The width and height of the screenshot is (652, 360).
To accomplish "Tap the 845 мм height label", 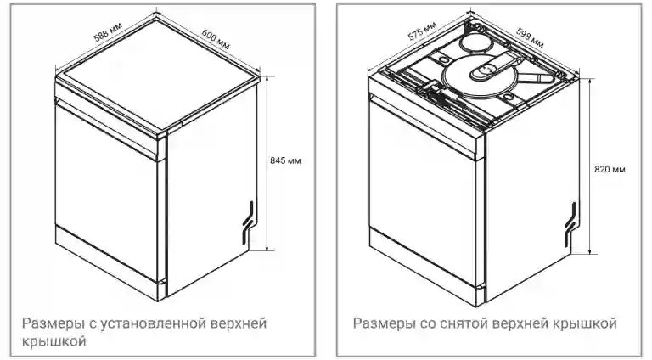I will (x=286, y=160).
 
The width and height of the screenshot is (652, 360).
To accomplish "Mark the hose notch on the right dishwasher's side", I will (x=571, y=218).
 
